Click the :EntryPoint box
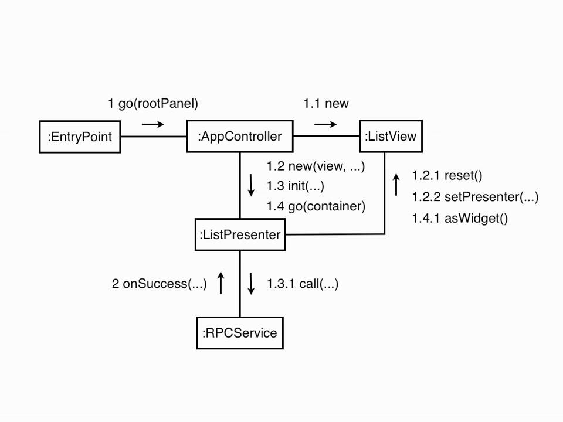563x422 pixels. (x=80, y=137)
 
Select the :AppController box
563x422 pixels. (x=240, y=137)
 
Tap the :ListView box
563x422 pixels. (x=390, y=137)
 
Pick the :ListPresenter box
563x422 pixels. (x=240, y=235)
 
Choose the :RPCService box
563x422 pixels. (x=240, y=333)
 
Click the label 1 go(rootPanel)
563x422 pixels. (x=153, y=104)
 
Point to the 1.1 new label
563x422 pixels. (x=325, y=104)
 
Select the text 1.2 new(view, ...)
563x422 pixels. (x=316, y=166)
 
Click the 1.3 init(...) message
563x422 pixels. (x=295, y=186)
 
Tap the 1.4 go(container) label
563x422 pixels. (x=316, y=206)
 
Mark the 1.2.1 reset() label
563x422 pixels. (x=447, y=175)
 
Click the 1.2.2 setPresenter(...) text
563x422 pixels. (x=474, y=197)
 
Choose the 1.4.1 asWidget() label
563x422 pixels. (x=459, y=219)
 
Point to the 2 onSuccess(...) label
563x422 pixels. (x=159, y=284)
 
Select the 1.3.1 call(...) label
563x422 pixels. (x=302, y=284)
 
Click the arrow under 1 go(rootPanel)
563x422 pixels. (x=153, y=124)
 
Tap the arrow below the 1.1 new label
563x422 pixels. (x=325, y=124)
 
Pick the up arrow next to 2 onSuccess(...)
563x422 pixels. (x=221, y=283)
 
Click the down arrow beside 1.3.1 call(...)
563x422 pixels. (x=251, y=283)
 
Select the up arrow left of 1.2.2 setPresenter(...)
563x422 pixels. (x=396, y=185)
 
